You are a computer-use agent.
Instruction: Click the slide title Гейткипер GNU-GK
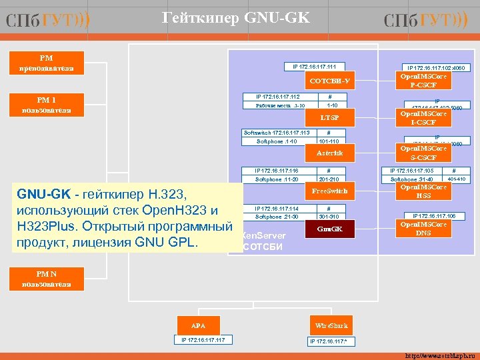(x=237, y=18)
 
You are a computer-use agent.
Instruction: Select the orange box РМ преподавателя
(x=46, y=63)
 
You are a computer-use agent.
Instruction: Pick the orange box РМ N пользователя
(x=46, y=279)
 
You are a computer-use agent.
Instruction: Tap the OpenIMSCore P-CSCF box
(x=423, y=81)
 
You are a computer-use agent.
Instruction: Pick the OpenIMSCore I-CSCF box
(x=423, y=118)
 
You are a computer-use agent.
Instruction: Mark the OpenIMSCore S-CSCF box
(x=423, y=153)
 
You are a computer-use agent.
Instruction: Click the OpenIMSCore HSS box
(x=423, y=191)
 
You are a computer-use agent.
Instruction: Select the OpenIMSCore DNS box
(x=423, y=228)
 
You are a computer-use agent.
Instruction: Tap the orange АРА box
(x=199, y=326)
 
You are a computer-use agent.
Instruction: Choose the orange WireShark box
(x=331, y=326)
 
